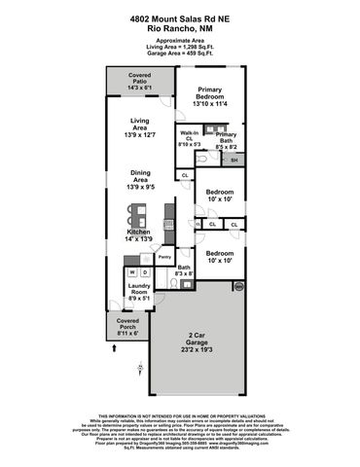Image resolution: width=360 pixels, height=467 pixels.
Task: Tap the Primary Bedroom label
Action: click(210, 93)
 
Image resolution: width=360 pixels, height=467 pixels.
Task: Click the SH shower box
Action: click(234, 159)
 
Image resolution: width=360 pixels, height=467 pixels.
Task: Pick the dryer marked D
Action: click(144, 272)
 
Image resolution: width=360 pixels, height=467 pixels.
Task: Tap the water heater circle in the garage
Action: click(235, 286)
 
